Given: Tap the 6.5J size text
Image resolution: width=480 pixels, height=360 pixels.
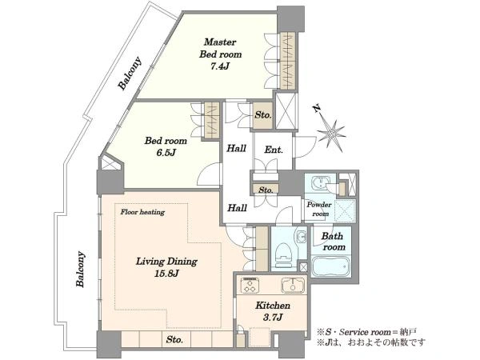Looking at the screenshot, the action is coord(166,153).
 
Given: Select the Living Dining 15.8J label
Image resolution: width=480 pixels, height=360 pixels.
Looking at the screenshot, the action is coord(166,267).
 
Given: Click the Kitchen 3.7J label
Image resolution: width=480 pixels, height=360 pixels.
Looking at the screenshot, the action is coord(273,311).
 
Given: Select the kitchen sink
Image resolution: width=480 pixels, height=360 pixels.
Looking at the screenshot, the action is coord(293,286).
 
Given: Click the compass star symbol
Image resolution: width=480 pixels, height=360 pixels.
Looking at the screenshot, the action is coord(332,134).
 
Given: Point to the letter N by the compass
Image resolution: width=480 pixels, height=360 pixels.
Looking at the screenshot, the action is coord(317,108).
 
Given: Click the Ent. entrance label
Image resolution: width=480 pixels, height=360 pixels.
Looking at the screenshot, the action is coord(274,150).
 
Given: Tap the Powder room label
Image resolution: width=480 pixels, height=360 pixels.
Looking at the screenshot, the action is coord(319,209).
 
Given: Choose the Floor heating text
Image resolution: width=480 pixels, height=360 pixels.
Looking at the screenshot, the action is coord(142,212).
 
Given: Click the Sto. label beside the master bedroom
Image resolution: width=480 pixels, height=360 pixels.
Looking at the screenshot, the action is coord(263,115).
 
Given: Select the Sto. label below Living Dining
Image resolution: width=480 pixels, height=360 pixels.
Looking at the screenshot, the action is coord(174,339).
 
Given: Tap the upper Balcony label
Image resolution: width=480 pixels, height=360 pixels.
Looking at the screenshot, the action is coord(130,74).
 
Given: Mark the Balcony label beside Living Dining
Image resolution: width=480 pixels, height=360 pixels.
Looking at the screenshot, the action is coord(80,269).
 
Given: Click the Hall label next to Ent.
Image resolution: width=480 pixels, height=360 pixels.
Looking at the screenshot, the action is coord(236,149).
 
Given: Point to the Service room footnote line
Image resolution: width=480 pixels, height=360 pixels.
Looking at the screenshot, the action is coord(366,332).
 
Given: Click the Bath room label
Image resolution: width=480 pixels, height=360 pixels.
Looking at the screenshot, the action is coord(333,242).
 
